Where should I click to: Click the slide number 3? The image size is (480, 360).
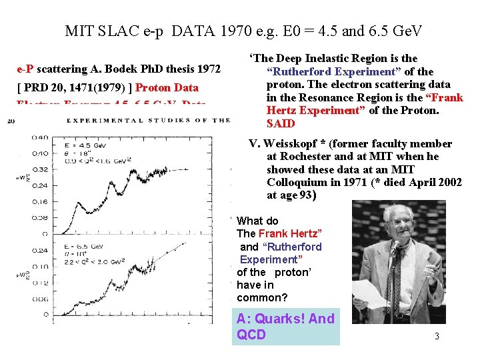click(x=437, y=336)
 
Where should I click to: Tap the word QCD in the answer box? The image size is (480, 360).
click(x=251, y=335)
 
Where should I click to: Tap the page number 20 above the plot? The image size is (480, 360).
click(x=11, y=121)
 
